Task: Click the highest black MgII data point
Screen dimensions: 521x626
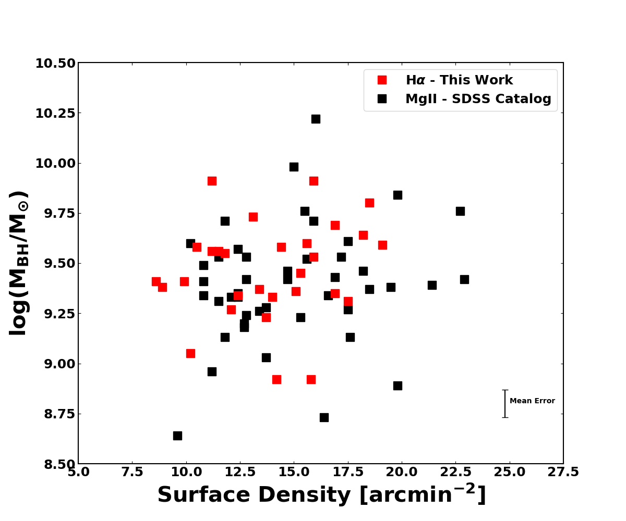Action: pos(316,119)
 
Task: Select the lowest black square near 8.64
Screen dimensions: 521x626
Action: pos(177,436)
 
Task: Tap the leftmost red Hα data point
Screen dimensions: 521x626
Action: pos(156,281)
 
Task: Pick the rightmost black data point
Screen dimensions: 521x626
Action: pos(464,279)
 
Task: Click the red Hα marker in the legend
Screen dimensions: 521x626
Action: pos(382,80)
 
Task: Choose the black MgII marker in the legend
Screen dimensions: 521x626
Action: pos(382,99)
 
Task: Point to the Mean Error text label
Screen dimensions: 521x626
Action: pos(532,401)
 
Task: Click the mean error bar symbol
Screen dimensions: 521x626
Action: pos(505,404)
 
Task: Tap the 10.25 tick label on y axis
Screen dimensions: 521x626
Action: pos(55,114)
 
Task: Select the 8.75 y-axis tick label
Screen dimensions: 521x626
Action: pos(55,414)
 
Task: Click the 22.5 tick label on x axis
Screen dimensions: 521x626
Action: pos(455,472)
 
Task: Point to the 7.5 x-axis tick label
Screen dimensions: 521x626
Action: pos(132,472)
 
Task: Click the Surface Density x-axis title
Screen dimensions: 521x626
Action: pos(321,495)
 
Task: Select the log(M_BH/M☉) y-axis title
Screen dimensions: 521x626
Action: pos(19,263)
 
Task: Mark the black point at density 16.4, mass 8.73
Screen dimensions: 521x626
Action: pos(324,417)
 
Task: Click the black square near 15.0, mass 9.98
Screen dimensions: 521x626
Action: pos(294,167)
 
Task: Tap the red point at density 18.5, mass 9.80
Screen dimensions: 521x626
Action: pos(369,203)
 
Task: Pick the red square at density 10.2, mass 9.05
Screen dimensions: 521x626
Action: pos(190,353)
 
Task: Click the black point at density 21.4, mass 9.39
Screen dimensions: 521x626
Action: pos(432,285)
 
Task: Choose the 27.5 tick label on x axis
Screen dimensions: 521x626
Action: pos(563,472)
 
